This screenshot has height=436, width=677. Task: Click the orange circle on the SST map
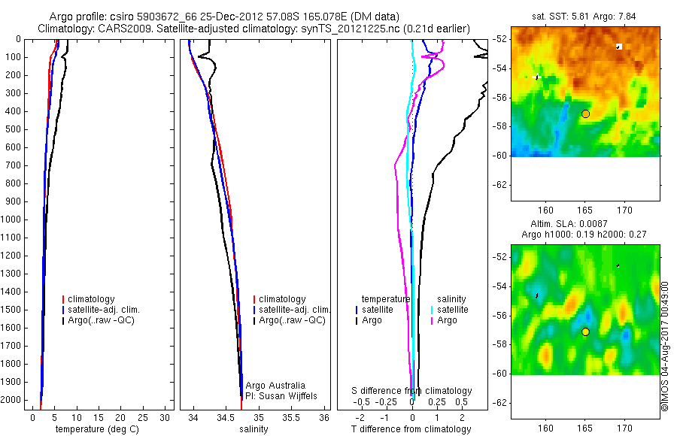point(585,114)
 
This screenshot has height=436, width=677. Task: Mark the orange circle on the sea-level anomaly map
point(585,332)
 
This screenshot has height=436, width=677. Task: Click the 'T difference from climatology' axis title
point(411,429)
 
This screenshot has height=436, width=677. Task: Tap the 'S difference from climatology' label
point(412,391)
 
